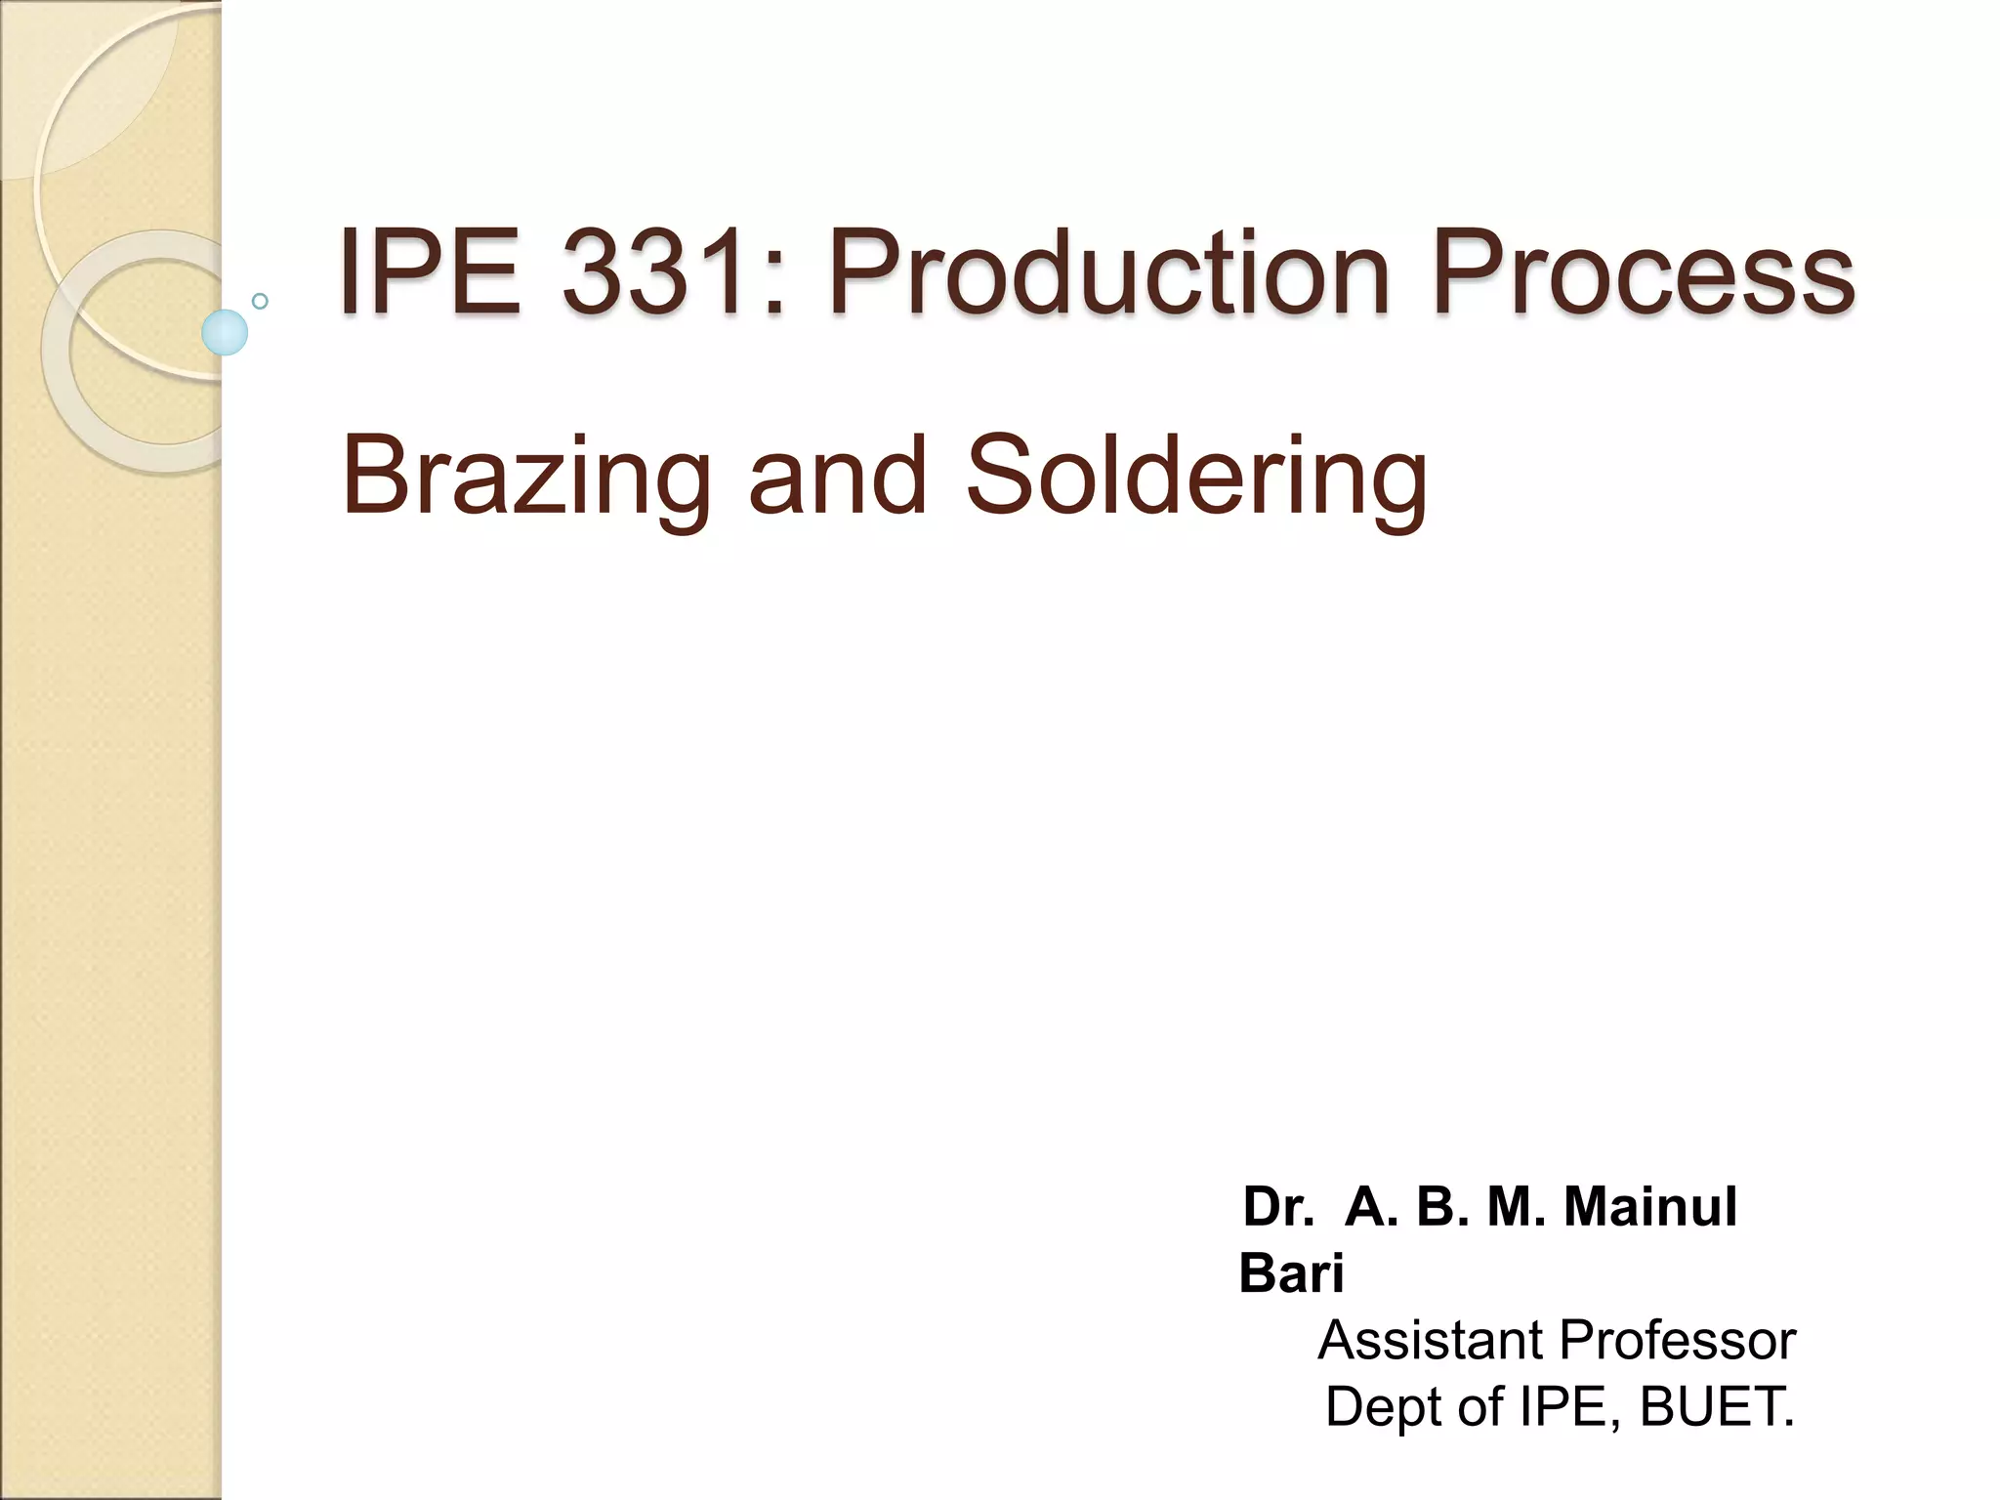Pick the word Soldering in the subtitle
pyautogui.click(x=1196, y=477)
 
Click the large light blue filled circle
pyautogui.click(x=225, y=332)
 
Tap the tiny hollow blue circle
pyautogui.click(x=260, y=301)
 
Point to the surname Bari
pyautogui.click(x=1291, y=1273)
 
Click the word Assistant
pyautogui.click(x=1432, y=1340)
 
